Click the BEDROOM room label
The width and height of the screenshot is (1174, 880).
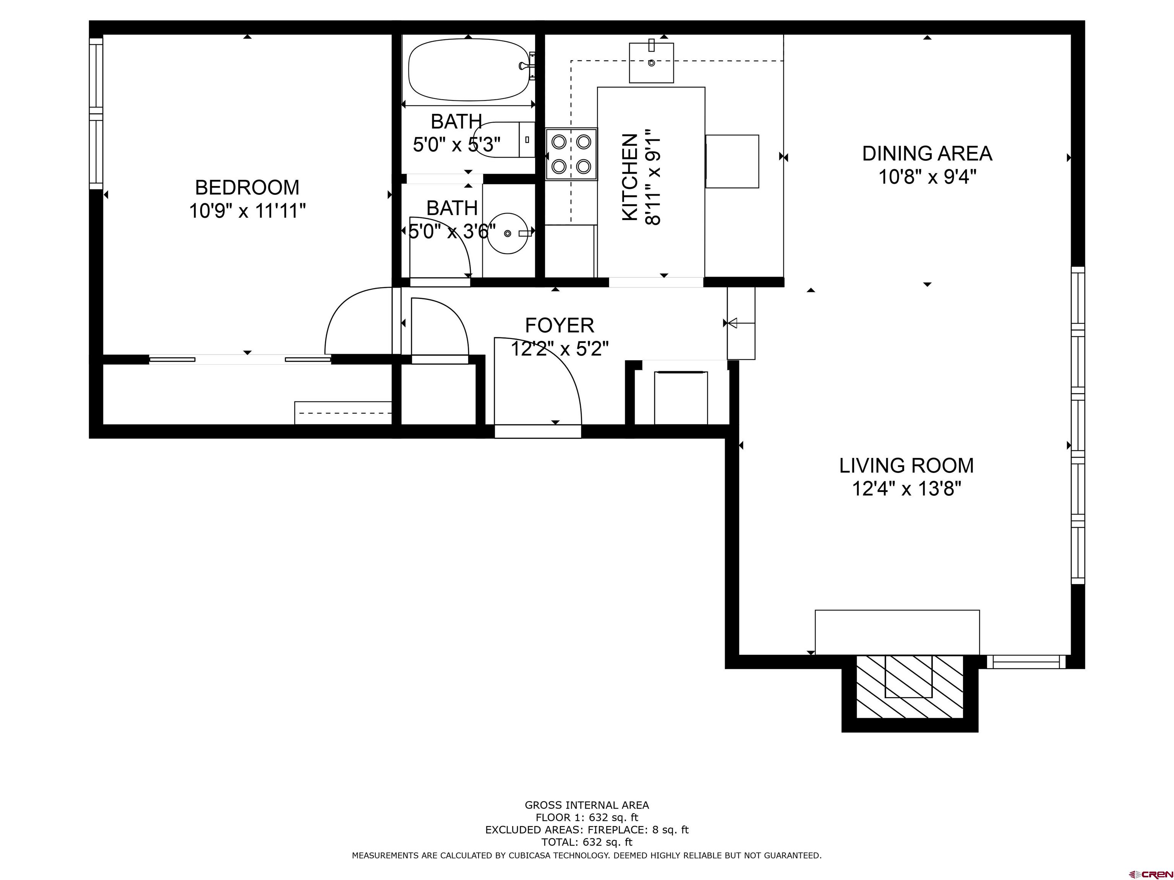[247, 187]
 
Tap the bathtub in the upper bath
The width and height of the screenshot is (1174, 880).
[469, 70]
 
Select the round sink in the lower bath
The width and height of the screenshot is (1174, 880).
[508, 233]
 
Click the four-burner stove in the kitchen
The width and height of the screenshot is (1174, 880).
[571, 154]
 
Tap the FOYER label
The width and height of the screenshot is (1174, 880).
[559, 325]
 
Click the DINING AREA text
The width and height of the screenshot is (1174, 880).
[927, 153]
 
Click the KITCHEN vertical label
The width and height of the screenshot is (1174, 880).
[629, 177]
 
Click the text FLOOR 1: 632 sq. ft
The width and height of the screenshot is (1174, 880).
[587, 817]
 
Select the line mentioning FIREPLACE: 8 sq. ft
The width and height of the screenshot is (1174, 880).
[587, 830]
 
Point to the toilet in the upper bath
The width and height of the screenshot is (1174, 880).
[504, 139]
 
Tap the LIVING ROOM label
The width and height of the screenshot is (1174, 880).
[906, 465]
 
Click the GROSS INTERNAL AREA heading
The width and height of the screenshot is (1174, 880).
[587, 805]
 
